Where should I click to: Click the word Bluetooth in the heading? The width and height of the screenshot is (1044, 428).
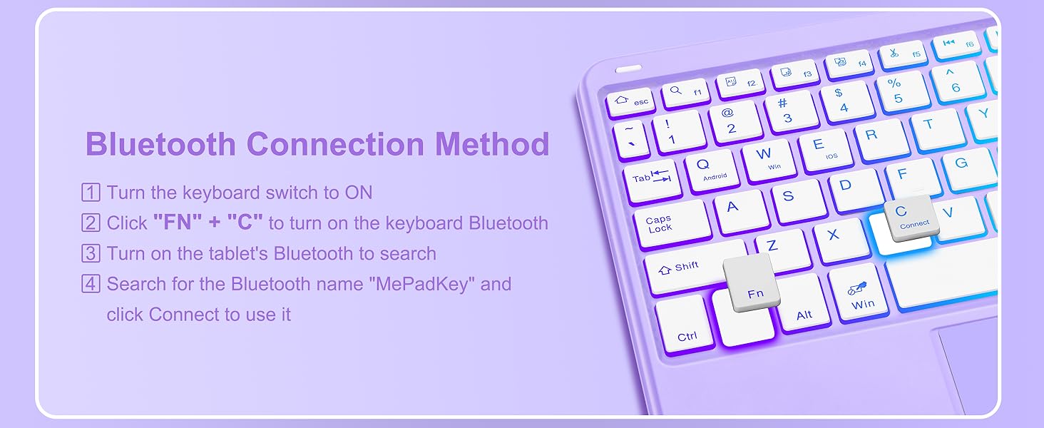(160, 143)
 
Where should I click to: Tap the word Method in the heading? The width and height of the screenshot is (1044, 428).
(492, 143)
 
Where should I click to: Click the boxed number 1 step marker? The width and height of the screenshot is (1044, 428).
(91, 193)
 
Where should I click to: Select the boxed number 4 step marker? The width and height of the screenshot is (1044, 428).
(91, 283)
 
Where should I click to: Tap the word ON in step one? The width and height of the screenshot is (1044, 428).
(359, 193)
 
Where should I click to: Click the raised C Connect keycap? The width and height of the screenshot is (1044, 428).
(911, 218)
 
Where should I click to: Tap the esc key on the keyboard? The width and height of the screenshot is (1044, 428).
(631, 101)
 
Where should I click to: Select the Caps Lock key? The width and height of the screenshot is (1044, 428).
(672, 224)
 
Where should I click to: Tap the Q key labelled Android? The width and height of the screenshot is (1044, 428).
(711, 169)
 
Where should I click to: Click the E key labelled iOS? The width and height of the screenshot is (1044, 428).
(825, 149)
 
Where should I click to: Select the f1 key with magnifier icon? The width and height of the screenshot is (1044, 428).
(685, 91)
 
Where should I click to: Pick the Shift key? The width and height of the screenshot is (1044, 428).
(685, 268)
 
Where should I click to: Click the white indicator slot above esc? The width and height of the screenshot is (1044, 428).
(628, 69)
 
